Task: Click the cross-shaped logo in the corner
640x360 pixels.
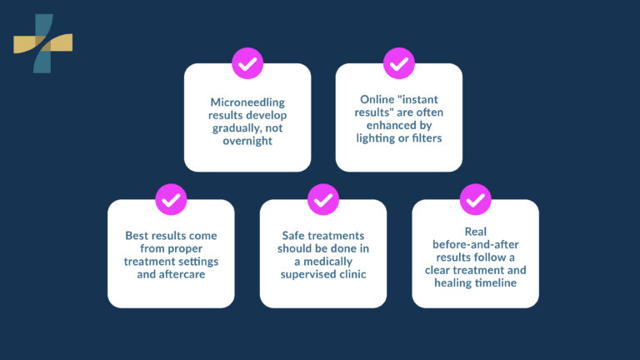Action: [x=42, y=42]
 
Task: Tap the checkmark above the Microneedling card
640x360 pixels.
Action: [x=247, y=63]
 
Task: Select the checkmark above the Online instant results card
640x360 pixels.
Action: [x=399, y=63]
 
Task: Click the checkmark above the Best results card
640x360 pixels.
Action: [x=171, y=200]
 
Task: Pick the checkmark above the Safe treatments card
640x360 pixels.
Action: [x=323, y=200]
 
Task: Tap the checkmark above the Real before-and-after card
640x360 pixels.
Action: [x=475, y=200]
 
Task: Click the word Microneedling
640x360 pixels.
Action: [x=247, y=102]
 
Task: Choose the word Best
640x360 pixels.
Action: [x=137, y=236]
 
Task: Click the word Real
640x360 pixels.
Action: [x=475, y=231]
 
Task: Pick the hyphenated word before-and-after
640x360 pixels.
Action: [x=475, y=242]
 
